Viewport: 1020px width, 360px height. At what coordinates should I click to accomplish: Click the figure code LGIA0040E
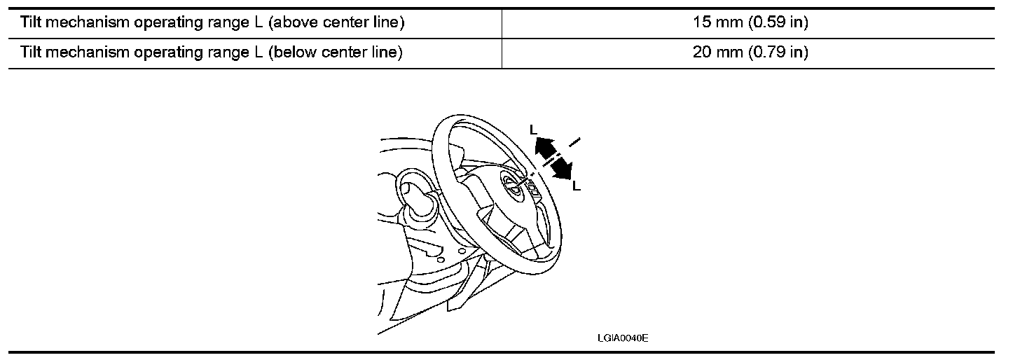tap(623, 338)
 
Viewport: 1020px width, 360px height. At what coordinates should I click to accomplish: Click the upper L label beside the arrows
tap(534, 130)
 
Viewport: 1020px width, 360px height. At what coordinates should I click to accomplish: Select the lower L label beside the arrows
tap(576, 186)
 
